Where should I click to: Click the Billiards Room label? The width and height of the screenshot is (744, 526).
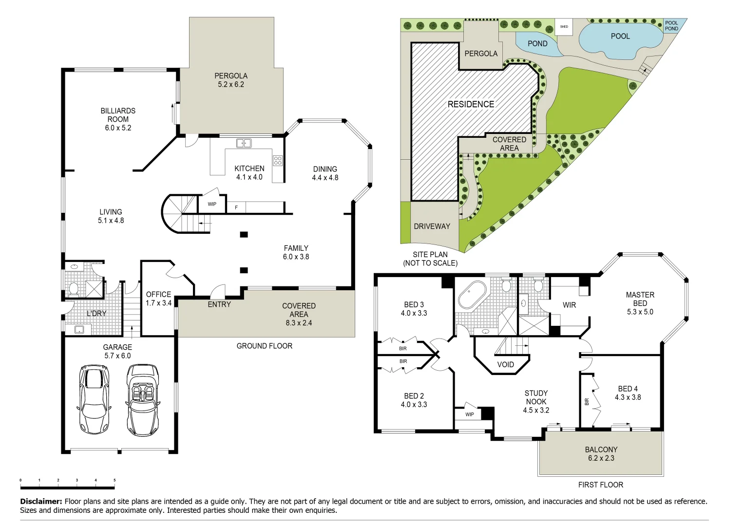click(x=118, y=115)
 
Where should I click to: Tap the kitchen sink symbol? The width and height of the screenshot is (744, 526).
click(x=244, y=143)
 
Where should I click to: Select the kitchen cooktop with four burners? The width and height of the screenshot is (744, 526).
click(x=278, y=160)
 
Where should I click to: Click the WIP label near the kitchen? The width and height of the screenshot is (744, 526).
click(x=212, y=204)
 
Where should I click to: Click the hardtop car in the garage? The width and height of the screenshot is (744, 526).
click(x=94, y=399)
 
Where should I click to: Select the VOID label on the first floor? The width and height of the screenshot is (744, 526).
click(x=505, y=364)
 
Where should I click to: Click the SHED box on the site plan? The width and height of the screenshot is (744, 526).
click(x=564, y=27)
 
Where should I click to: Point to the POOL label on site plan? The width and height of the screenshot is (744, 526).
click(x=620, y=36)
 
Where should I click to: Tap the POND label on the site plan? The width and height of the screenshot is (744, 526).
click(x=537, y=43)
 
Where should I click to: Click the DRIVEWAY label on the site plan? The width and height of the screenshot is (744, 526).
click(x=432, y=226)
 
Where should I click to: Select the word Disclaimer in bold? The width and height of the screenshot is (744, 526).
click(x=41, y=501)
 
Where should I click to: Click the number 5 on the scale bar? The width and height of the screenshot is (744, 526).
click(x=114, y=480)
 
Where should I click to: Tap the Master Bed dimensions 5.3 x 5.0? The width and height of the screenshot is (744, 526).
click(x=640, y=312)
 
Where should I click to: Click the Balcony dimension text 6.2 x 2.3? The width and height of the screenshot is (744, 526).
click(x=601, y=458)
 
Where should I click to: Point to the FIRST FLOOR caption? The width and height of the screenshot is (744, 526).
click(x=600, y=485)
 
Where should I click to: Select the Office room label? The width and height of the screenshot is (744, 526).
click(x=158, y=294)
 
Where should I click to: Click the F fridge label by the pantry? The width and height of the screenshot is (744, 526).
click(x=236, y=207)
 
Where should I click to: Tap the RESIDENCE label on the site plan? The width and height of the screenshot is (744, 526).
click(x=471, y=104)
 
